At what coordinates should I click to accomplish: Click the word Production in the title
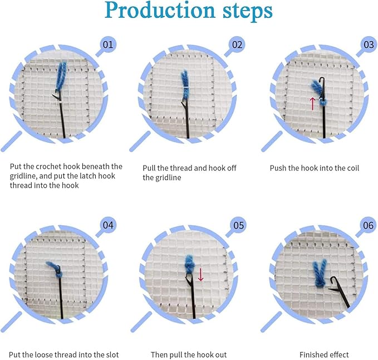point(160,11)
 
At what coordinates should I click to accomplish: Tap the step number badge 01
point(108,45)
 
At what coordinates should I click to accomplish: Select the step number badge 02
point(237,45)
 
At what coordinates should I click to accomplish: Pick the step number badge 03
point(369,45)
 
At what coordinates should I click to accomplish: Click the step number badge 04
point(108,225)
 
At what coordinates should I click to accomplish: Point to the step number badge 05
point(238,225)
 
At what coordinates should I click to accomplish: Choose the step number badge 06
point(368,225)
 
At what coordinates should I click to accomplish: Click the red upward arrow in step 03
point(312,104)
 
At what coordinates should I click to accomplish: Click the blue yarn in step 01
point(61,76)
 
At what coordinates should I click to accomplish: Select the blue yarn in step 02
point(185,85)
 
